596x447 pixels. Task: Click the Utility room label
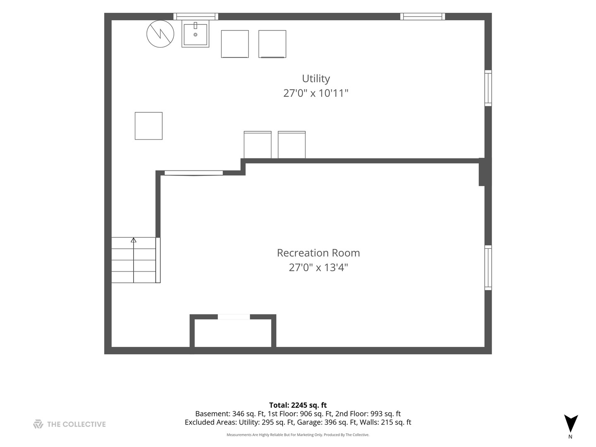(x=316, y=79)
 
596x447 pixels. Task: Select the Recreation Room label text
(x=318, y=253)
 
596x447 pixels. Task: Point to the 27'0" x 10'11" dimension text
(x=316, y=93)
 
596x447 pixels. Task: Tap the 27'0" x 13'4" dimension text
(x=318, y=267)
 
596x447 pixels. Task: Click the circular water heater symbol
(x=160, y=34)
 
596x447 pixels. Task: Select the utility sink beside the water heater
(x=195, y=34)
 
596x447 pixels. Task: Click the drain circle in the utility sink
(x=195, y=35)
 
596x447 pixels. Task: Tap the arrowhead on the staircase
(x=133, y=240)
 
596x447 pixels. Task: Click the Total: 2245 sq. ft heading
(x=298, y=405)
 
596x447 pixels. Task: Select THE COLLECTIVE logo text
(x=76, y=424)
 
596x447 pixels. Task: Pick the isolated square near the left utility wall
(x=149, y=126)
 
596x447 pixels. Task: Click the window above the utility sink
(x=196, y=17)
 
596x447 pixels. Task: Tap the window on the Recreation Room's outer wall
(x=488, y=268)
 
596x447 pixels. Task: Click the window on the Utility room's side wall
(x=488, y=88)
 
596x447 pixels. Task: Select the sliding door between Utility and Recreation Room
(x=194, y=173)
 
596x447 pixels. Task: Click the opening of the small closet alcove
(x=234, y=317)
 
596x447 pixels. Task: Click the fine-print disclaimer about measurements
(x=298, y=435)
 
